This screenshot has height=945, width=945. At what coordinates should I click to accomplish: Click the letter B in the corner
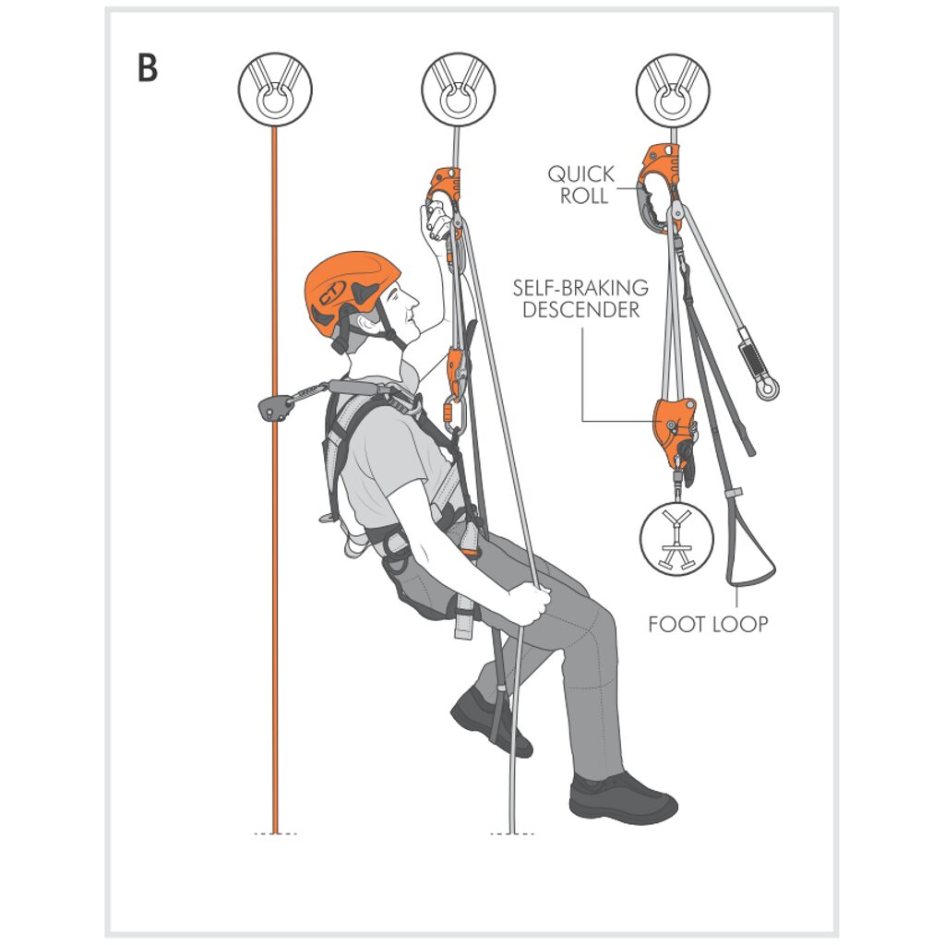click(148, 68)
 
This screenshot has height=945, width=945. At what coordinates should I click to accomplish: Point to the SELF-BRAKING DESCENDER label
click(580, 299)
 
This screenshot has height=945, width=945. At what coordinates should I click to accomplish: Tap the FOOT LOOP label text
click(708, 624)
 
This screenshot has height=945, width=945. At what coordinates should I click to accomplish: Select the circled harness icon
click(676, 538)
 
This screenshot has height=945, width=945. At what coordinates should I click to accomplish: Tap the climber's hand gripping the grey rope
click(529, 604)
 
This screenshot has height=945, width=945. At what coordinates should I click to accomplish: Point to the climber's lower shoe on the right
click(622, 798)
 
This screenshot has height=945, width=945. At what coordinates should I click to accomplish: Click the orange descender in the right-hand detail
click(673, 428)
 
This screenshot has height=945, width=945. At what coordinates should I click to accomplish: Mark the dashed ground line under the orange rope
click(275, 833)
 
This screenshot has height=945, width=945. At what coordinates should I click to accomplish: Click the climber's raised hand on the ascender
click(434, 222)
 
